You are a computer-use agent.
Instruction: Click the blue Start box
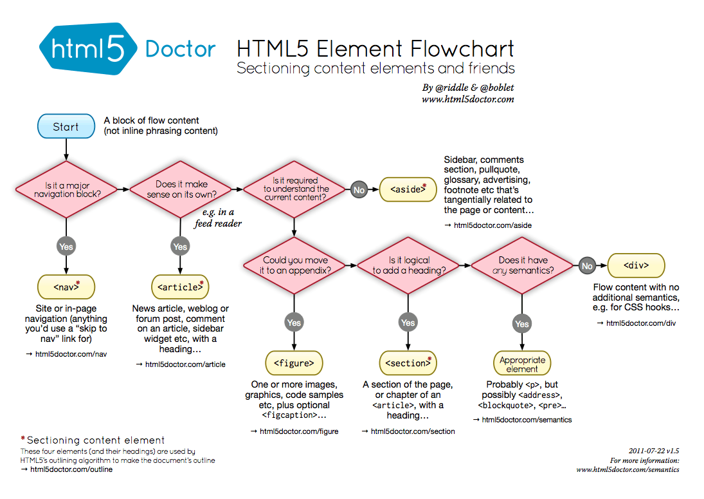tap(66, 127)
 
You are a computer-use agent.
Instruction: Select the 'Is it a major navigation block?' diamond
tap(67, 189)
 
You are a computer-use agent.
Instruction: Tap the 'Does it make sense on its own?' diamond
tap(181, 189)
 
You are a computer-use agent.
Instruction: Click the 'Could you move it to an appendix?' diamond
tap(294, 265)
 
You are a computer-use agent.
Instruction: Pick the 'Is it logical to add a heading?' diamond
tap(408, 265)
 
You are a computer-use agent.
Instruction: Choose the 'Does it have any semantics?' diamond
tap(522, 265)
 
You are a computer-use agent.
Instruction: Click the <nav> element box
tap(66, 287)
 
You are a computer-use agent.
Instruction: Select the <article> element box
tap(180, 287)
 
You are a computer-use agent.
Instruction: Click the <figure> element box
tap(294, 363)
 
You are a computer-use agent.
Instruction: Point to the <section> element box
tap(408, 363)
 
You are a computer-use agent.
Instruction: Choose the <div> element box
tap(636, 265)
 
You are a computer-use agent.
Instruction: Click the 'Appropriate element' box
tap(522, 364)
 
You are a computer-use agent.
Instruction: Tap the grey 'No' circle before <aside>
tap(359, 190)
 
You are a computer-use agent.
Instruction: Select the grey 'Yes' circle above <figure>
tap(294, 322)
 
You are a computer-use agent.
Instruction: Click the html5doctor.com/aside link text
tap(492, 225)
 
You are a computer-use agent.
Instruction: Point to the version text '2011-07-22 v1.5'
tap(653, 451)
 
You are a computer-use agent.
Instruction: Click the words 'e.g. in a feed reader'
tap(219, 218)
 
